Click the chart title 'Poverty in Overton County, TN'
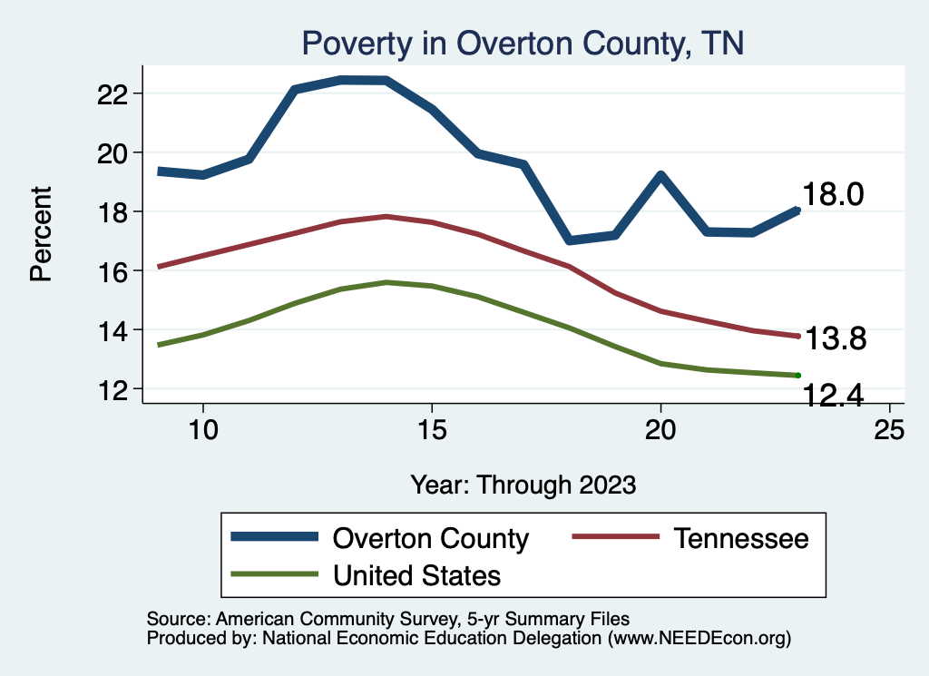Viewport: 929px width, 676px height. click(x=523, y=43)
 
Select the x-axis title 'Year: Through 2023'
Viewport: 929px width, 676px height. click(x=523, y=484)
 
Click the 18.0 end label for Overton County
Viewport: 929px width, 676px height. click(x=833, y=194)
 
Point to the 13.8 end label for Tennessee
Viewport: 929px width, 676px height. click(x=836, y=339)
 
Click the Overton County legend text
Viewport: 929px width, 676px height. click(x=431, y=538)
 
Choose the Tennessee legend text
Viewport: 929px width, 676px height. click(x=740, y=538)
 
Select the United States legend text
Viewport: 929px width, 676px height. click(x=416, y=574)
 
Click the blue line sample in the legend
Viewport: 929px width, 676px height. click(x=275, y=538)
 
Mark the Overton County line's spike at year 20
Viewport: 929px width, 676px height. click(x=660, y=175)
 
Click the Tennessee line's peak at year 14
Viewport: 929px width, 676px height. click(x=386, y=216)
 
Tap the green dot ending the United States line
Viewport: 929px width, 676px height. click(x=797, y=375)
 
